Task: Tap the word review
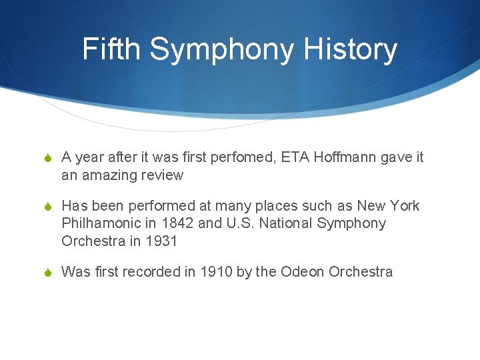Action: coord(162,175)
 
